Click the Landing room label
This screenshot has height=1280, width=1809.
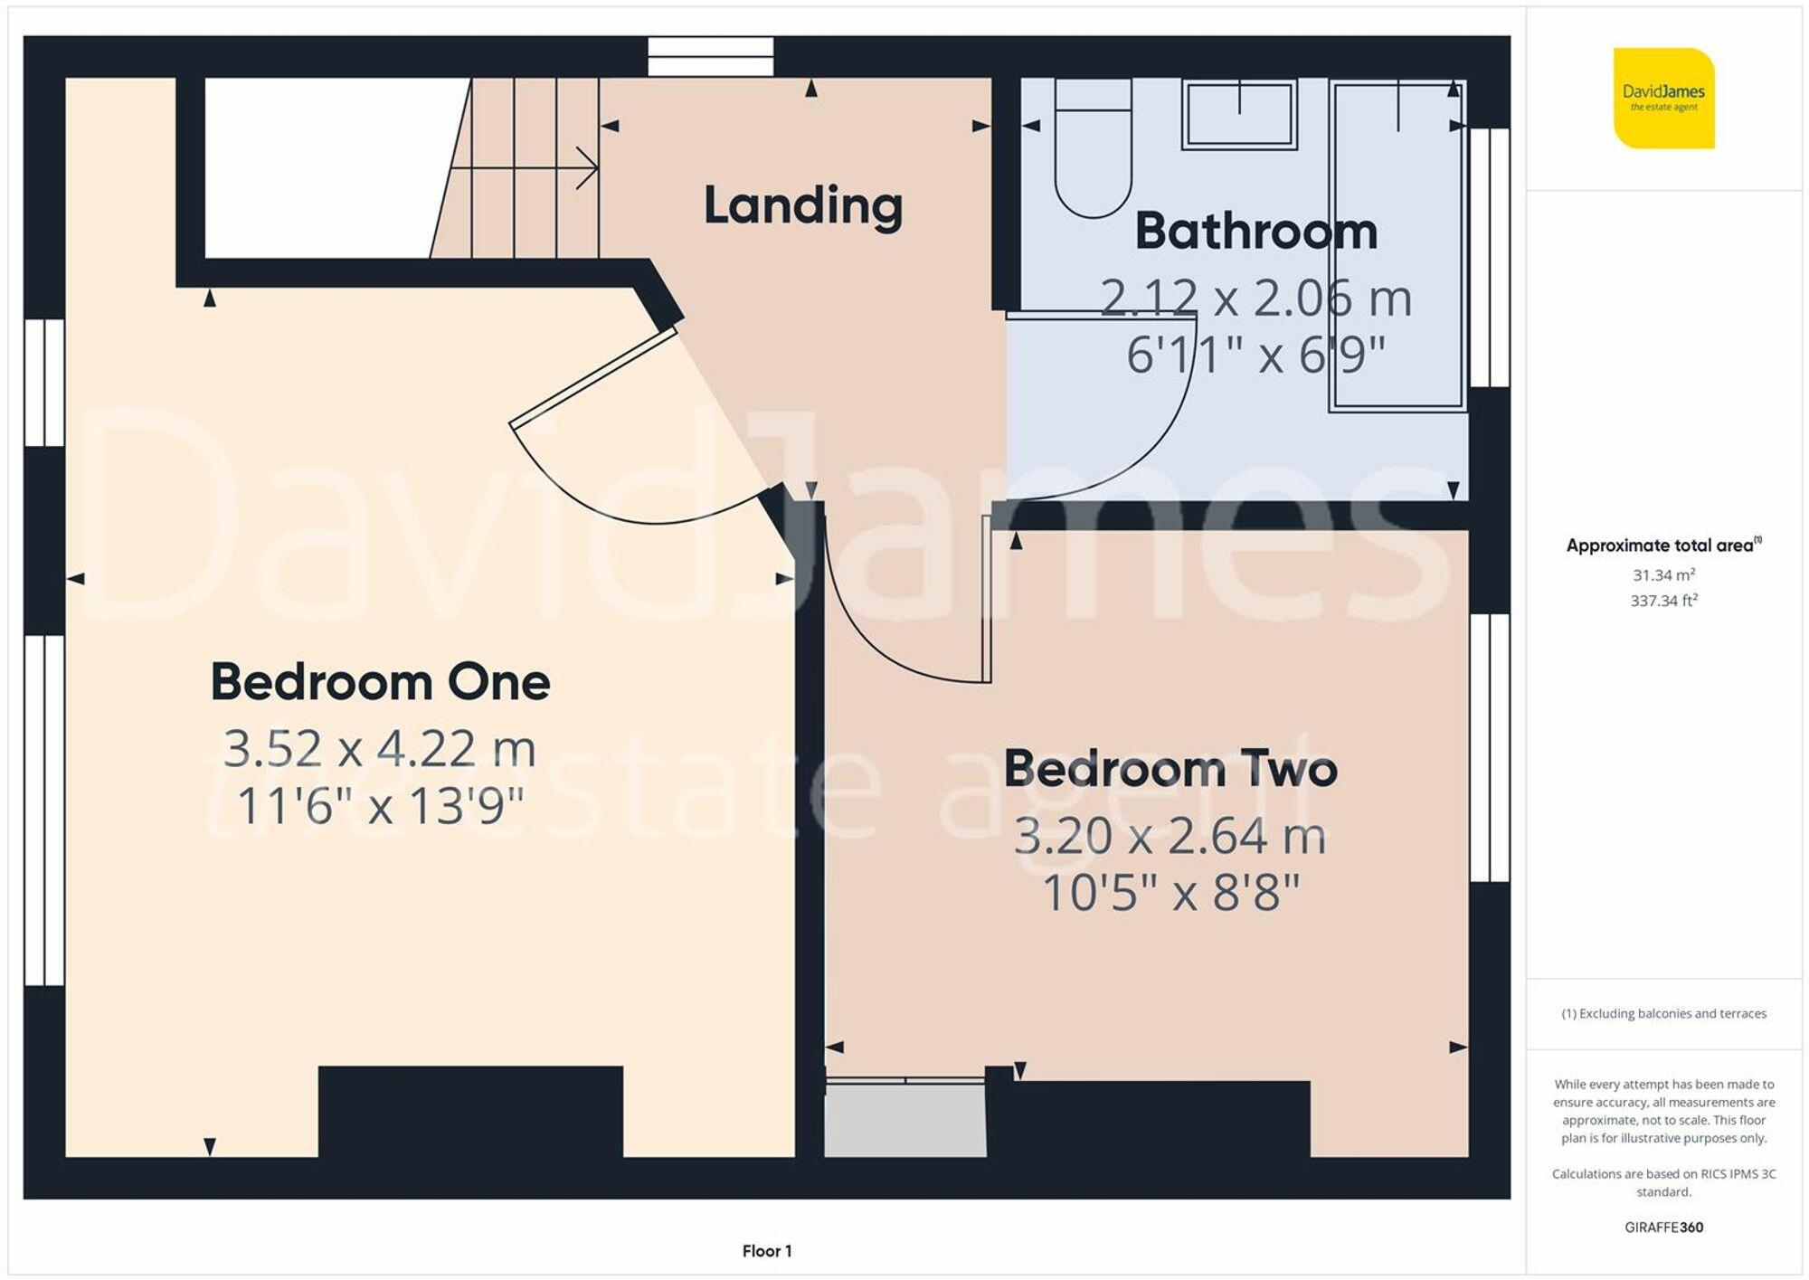[x=802, y=205]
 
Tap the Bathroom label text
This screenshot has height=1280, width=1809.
[x=1255, y=231]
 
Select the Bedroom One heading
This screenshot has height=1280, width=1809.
[x=380, y=682]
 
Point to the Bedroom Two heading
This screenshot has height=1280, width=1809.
[x=1170, y=769]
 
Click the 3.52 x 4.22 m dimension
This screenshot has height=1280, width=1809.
[x=380, y=749]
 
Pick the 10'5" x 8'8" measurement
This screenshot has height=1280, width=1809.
[x=1170, y=893]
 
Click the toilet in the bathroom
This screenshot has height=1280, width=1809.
[x=1093, y=149]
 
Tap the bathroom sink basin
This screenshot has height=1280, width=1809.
[x=1239, y=114]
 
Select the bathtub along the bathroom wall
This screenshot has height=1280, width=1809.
[x=1397, y=244]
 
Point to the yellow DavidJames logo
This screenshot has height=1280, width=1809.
[x=1663, y=98]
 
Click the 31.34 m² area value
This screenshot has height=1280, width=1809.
[x=1663, y=575]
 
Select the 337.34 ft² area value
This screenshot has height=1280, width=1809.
[x=1663, y=601]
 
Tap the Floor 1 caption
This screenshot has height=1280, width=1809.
[x=766, y=1251]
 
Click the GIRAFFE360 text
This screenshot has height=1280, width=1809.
[x=1663, y=1228]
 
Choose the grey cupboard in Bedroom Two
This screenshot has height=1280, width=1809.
[x=904, y=1120]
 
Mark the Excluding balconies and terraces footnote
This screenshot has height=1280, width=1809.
[x=1663, y=1014]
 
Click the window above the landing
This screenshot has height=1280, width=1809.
[x=711, y=56]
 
